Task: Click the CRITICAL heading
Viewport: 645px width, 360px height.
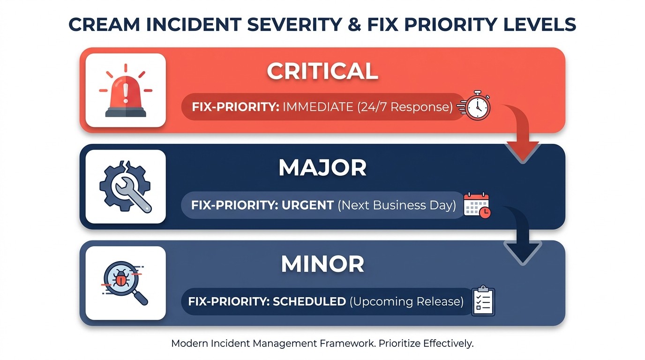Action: (x=322, y=71)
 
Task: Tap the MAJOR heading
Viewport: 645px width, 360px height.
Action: (x=322, y=168)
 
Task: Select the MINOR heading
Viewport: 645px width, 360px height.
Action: (x=322, y=264)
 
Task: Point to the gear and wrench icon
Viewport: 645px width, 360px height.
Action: (x=126, y=187)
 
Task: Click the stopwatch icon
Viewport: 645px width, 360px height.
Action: (x=476, y=106)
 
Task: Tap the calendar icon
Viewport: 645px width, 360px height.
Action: (x=477, y=205)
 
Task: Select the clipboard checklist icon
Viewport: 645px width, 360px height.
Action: (x=483, y=301)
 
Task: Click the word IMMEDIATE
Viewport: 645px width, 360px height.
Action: (x=318, y=107)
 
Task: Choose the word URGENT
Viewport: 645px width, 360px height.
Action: (x=307, y=205)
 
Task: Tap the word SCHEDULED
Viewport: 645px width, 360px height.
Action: (x=309, y=301)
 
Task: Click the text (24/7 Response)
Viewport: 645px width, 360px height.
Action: (x=405, y=107)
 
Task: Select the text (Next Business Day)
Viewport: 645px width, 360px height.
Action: (x=397, y=205)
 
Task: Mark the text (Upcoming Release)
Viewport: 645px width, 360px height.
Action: (x=406, y=301)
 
